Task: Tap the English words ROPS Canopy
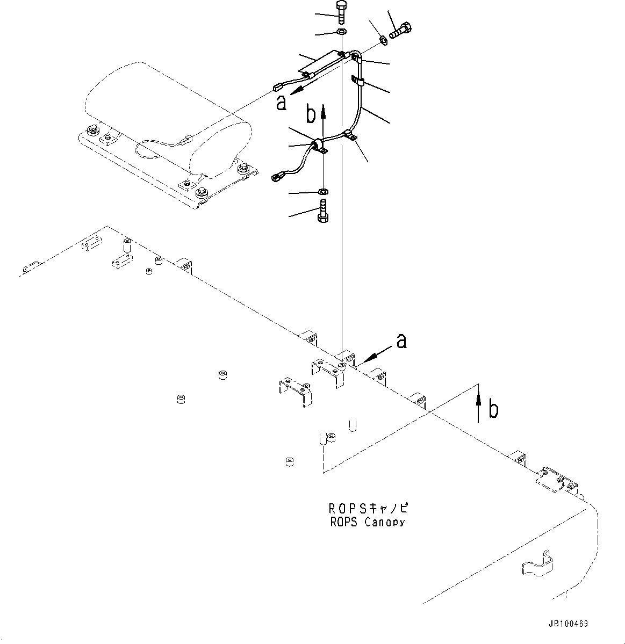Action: (x=368, y=522)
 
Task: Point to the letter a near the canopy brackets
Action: (x=401, y=340)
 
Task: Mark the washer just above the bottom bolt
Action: (x=324, y=191)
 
